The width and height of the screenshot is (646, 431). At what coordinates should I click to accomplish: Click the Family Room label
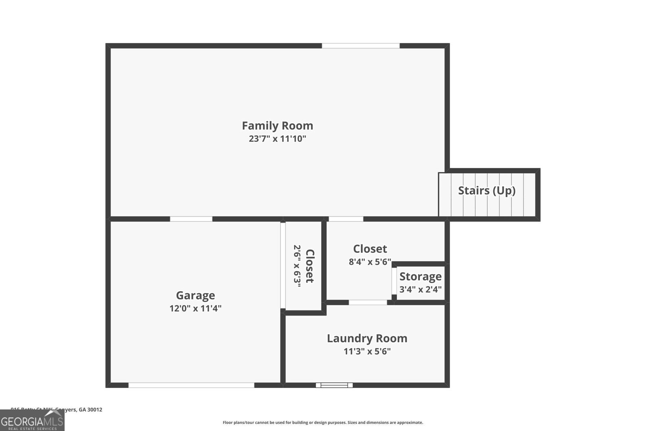(x=277, y=126)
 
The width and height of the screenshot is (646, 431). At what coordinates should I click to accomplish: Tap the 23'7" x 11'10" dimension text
(x=277, y=139)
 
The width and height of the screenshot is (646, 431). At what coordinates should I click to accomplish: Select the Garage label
(x=195, y=295)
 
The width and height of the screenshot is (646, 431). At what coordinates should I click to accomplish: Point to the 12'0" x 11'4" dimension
(x=195, y=309)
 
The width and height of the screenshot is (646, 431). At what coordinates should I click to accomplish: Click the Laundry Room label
(x=367, y=338)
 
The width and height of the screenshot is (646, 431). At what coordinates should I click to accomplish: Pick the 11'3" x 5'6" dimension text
(x=367, y=351)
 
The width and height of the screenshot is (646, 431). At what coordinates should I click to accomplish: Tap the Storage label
(x=420, y=277)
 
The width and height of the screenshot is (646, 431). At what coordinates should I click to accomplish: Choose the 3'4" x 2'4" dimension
(x=420, y=290)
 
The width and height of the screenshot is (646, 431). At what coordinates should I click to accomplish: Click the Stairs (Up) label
(x=487, y=190)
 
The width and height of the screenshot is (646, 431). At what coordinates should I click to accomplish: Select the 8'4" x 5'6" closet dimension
(x=370, y=262)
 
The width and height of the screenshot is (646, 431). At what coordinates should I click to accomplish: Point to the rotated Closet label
(x=310, y=266)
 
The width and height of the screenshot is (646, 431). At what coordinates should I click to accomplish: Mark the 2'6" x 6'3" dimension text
(x=298, y=266)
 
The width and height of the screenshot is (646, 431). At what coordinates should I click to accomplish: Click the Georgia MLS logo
(x=32, y=420)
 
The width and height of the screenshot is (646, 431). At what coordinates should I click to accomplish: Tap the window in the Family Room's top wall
(x=361, y=46)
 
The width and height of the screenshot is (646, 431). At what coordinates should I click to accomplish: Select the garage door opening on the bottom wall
(x=191, y=385)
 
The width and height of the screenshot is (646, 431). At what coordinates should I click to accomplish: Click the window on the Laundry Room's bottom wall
(x=334, y=385)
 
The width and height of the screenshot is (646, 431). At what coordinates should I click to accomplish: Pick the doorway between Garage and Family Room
(x=191, y=219)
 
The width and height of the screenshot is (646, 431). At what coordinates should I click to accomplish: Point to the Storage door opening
(x=394, y=281)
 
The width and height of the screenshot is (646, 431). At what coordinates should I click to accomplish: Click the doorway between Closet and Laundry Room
(x=368, y=302)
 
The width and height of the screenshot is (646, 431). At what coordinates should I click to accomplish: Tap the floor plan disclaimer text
(x=323, y=423)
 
